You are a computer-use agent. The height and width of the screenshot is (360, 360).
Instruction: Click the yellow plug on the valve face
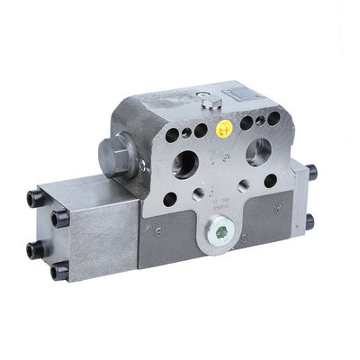(x=225, y=128)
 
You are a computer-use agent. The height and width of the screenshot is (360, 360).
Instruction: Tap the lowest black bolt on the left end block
(x=60, y=270)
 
